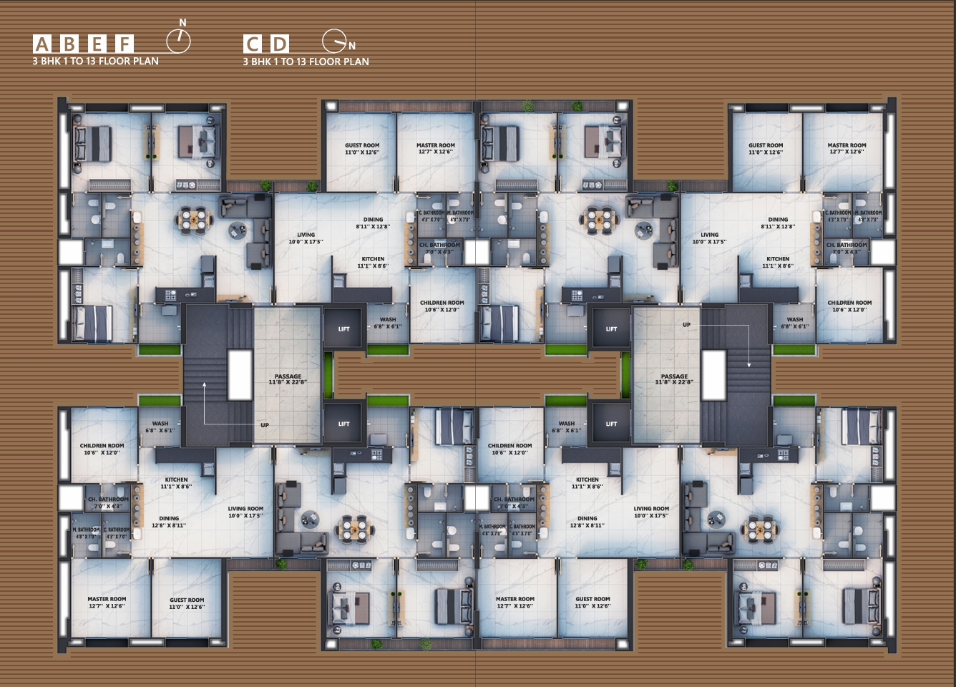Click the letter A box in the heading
[x=42, y=44]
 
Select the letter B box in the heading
[x=69, y=44]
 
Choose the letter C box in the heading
[x=252, y=44]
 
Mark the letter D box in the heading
[x=280, y=44]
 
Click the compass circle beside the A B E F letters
[x=179, y=42]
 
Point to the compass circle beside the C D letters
[x=333, y=42]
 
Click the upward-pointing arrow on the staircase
[x=205, y=386]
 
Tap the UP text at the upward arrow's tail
[x=265, y=425]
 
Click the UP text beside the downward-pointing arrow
[x=686, y=325]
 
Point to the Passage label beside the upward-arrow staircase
[x=288, y=379]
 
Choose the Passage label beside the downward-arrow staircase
[x=674, y=379]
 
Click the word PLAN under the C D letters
[x=356, y=62]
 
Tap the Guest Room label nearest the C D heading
[x=362, y=149]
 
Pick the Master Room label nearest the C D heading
[x=436, y=149]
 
